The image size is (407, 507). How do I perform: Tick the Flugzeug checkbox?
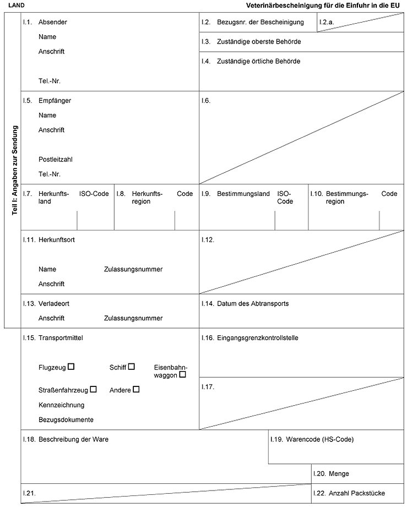71,366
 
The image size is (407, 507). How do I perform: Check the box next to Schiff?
132,366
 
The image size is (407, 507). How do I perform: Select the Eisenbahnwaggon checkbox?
182,374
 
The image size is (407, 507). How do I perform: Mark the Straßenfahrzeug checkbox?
93,389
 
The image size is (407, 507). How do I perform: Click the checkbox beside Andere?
136,389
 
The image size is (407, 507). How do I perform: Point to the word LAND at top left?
17,5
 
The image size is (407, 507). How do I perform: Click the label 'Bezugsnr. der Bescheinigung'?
261,23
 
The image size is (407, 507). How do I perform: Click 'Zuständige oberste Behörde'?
259,42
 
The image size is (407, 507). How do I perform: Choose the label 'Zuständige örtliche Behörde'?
258,61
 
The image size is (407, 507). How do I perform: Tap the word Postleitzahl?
56,160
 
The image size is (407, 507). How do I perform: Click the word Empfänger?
55,101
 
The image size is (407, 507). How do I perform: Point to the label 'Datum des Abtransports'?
253,303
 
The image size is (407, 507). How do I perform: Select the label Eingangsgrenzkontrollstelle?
257,337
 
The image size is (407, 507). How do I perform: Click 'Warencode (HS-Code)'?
319,439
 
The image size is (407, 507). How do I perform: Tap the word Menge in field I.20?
339,473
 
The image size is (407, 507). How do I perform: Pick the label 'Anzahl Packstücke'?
356,493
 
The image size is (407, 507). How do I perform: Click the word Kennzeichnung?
62,405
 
